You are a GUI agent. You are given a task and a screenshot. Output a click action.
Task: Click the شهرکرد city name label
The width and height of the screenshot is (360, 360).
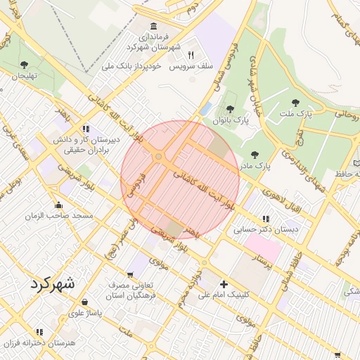click(51, 283)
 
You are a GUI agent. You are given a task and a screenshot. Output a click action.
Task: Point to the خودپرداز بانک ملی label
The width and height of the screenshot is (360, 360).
click(132, 66)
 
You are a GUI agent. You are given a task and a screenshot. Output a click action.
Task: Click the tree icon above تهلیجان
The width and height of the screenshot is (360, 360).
click(25, 65)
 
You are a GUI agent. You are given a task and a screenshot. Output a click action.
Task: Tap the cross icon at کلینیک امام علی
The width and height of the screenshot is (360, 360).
click(224, 284)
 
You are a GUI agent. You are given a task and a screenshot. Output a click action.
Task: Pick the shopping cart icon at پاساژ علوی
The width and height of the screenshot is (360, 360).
click(75, 301)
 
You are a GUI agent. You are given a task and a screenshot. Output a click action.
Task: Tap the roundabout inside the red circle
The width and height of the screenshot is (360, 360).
click(160, 156)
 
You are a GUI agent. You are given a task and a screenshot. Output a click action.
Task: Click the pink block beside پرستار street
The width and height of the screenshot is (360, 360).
click(262, 246)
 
